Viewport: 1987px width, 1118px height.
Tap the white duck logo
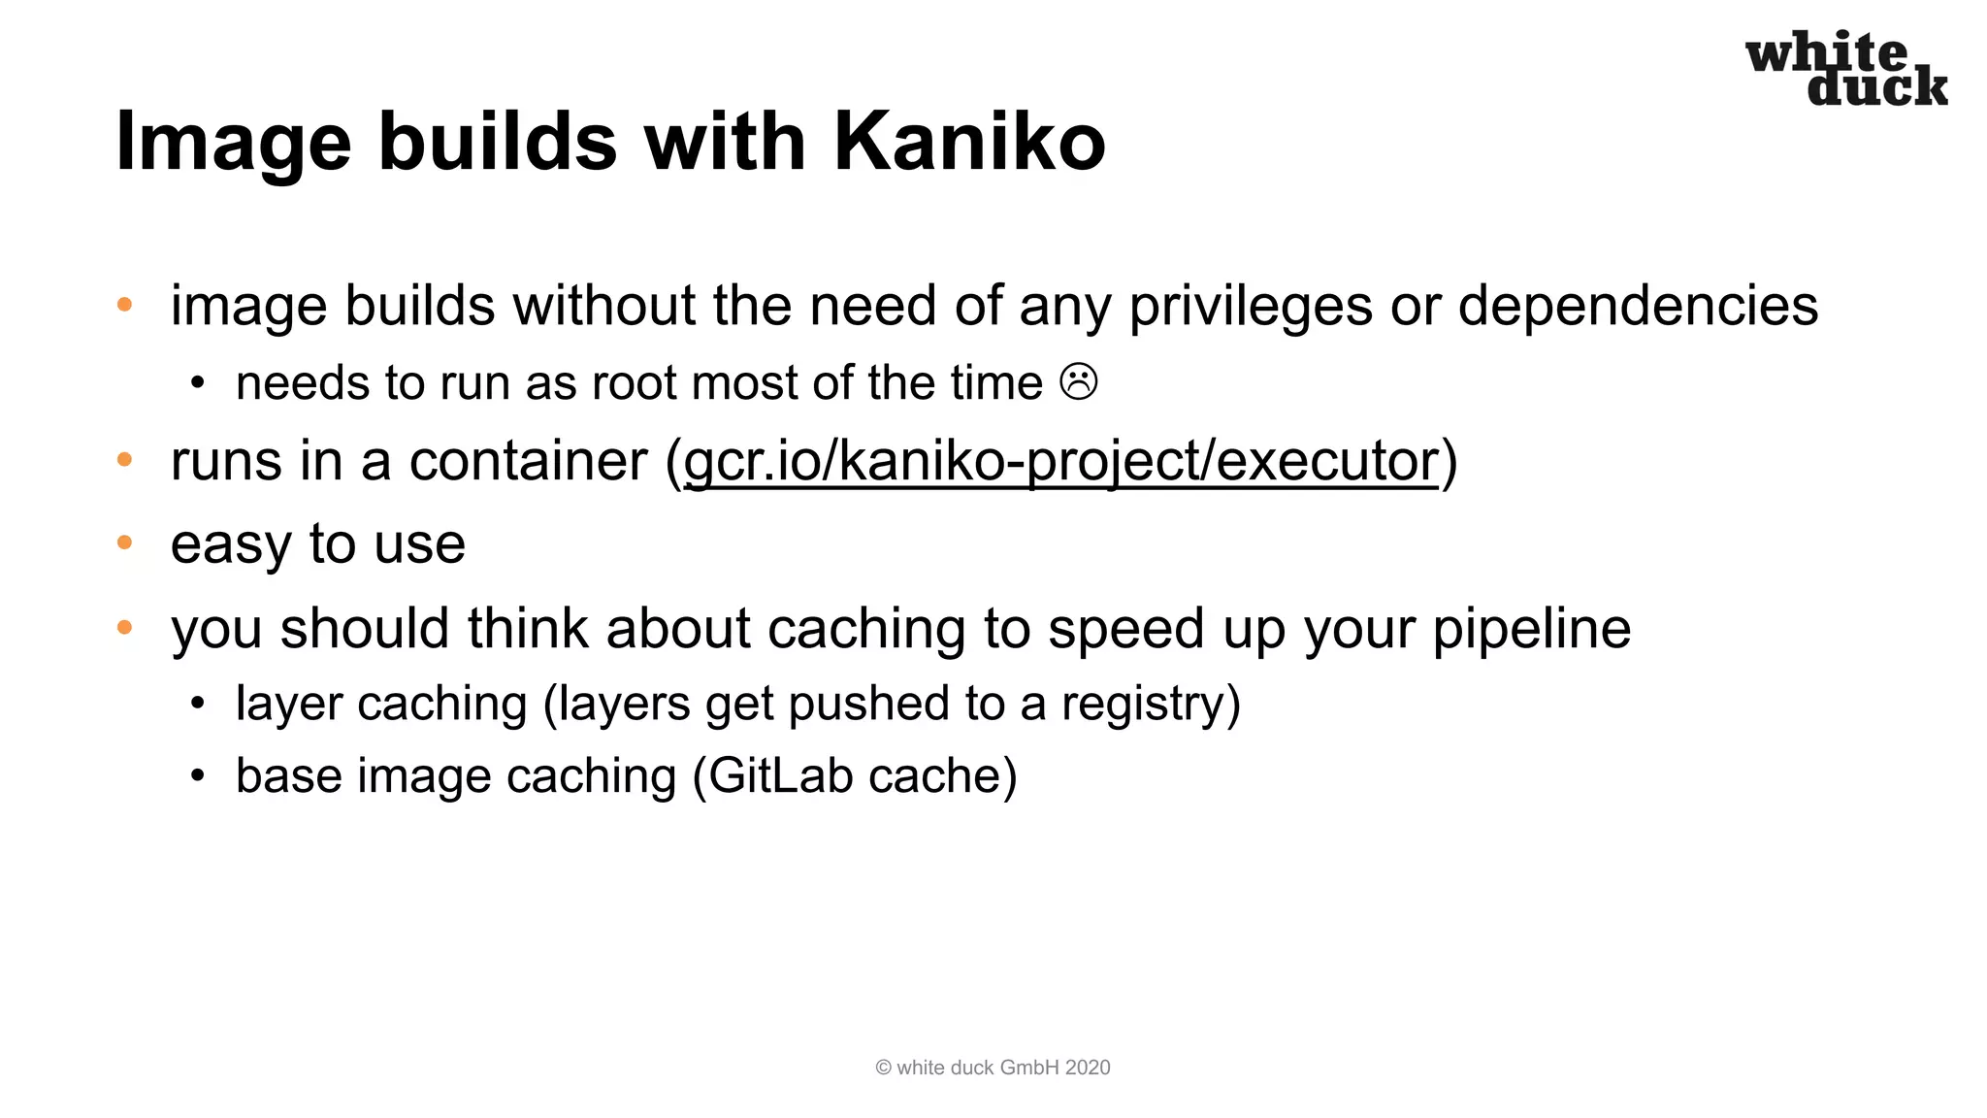(x=1845, y=68)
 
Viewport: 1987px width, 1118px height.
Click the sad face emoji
(x=1079, y=381)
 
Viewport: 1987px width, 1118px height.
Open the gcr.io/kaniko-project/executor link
(x=1060, y=460)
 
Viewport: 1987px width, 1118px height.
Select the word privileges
(x=1251, y=307)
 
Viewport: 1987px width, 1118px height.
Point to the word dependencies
(x=1638, y=307)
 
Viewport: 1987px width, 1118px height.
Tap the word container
(x=528, y=460)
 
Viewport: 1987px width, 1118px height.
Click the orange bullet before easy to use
(x=124, y=543)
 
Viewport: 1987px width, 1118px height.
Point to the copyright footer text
(x=993, y=1068)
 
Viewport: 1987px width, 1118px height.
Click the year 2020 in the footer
(x=1087, y=1068)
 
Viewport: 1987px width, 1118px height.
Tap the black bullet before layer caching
(x=198, y=704)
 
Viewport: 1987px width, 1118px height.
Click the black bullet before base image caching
(x=198, y=776)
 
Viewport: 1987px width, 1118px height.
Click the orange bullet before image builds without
(x=124, y=305)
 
